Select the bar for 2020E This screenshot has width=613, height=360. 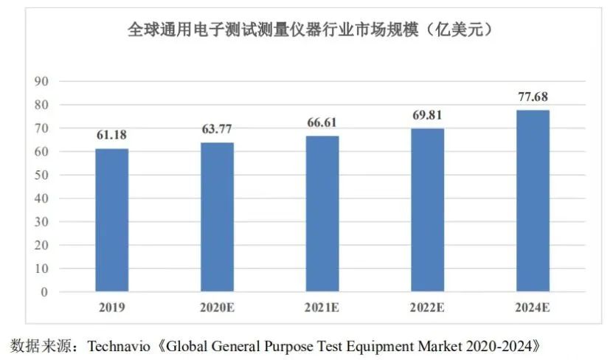coord(217,217)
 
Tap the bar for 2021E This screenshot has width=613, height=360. coord(322,214)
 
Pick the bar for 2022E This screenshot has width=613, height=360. coord(427,210)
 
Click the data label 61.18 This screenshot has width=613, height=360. coord(111,135)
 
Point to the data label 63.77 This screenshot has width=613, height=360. coord(217,129)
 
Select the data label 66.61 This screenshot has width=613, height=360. coord(322,122)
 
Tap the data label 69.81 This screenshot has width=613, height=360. coord(427,115)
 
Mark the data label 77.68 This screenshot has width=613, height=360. coord(533,97)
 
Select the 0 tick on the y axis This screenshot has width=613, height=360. coord(44,292)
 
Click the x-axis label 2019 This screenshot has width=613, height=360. coord(111,307)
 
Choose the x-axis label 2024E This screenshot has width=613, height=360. coord(533,307)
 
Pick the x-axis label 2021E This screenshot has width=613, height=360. coord(322,307)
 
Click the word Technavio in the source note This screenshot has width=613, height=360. coord(119,345)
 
